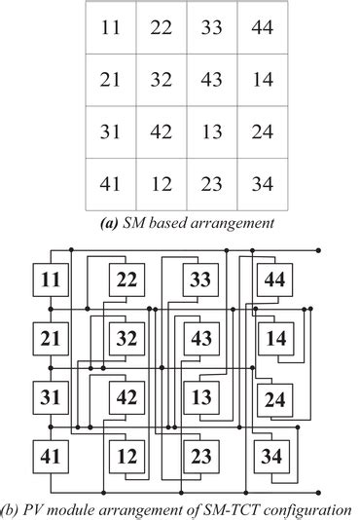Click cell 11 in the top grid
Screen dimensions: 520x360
[x=111, y=28]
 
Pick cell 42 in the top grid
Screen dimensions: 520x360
[x=162, y=131]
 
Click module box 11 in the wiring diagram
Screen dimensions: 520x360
[x=50, y=282]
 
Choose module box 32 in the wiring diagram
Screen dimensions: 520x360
[x=126, y=340]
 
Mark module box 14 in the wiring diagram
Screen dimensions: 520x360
[x=273, y=340]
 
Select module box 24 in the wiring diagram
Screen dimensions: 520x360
[x=273, y=398]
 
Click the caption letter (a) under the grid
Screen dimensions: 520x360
[x=111, y=223]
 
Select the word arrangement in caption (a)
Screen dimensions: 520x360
[x=232, y=223]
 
